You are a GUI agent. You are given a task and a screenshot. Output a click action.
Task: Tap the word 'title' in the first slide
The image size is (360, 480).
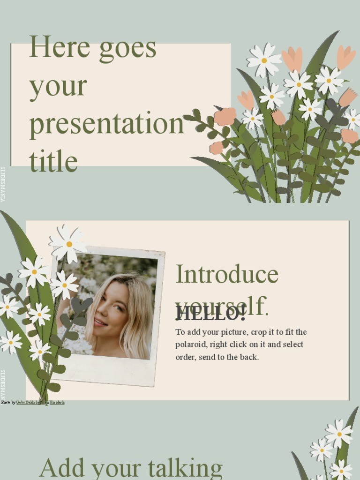[53, 161]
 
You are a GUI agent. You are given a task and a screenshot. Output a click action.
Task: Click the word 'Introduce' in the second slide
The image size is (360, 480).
[227, 275]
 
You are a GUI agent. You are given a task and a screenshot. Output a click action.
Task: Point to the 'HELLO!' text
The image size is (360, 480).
[210, 314]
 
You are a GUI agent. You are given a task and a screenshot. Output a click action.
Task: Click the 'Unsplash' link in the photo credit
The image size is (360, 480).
[53, 402]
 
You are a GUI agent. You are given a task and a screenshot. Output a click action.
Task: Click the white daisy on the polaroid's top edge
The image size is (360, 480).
[68, 244]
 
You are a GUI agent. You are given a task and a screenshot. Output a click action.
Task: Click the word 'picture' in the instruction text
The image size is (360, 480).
[236, 332]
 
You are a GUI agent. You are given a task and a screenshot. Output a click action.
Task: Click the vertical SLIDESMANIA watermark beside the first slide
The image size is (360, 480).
[3, 184]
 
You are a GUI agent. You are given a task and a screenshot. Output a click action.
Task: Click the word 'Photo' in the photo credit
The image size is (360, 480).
[5, 402]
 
